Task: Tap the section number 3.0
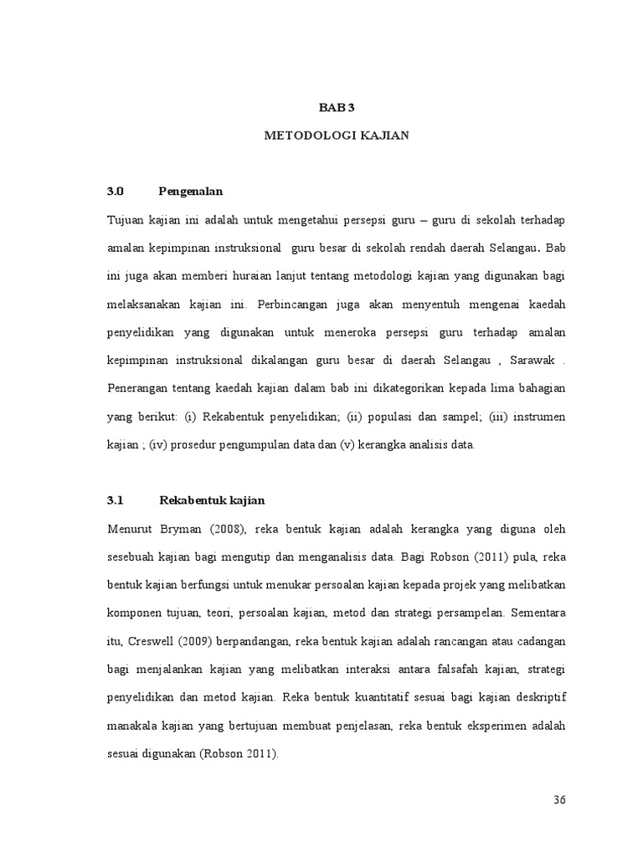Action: point(116,191)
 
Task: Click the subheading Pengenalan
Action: point(192,191)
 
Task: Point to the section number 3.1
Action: point(116,500)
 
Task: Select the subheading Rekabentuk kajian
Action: point(212,500)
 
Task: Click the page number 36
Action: point(560,799)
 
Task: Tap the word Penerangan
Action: point(138,388)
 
